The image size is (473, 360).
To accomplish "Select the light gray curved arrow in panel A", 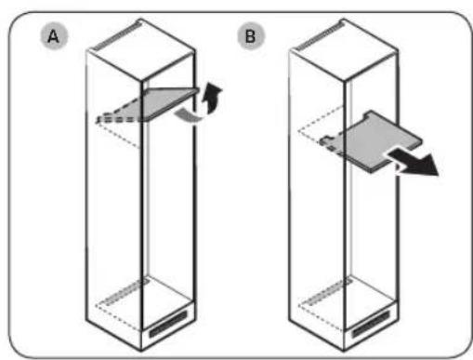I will pos(191,113).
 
